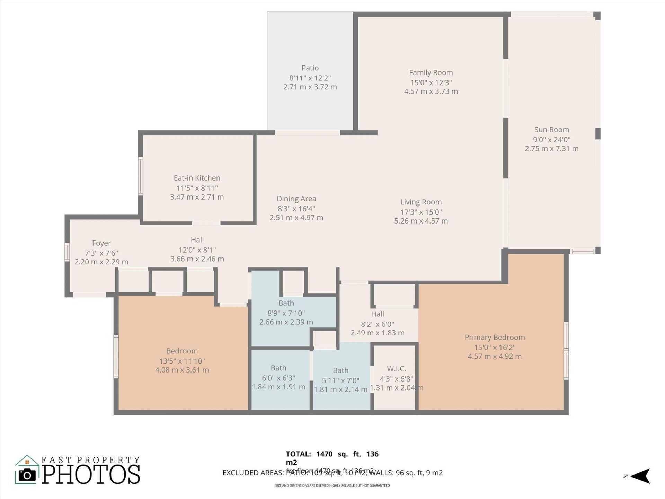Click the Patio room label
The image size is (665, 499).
[x=310, y=68]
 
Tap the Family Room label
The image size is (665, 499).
[x=431, y=72]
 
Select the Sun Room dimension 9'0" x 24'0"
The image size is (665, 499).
[x=551, y=140]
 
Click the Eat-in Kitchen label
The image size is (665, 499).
[x=197, y=178]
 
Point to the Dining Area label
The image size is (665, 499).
[x=296, y=199]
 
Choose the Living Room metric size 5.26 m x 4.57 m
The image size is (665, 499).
[x=421, y=221]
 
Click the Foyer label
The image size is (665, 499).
[x=101, y=243]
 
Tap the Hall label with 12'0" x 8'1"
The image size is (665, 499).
[x=197, y=240]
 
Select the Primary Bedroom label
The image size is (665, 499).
[x=495, y=337]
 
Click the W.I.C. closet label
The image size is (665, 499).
[x=396, y=369]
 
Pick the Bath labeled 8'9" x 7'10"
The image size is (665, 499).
[x=286, y=303]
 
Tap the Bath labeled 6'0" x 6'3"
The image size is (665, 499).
[x=278, y=368]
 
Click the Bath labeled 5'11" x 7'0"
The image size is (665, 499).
[x=340, y=370]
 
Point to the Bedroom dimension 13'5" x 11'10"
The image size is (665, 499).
[x=182, y=361]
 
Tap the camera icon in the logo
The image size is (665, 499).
[x=27, y=475]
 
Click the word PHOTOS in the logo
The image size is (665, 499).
[x=91, y=474]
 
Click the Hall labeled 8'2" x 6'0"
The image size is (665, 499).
[x=378, y=314]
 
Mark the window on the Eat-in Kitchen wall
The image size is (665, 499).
[x=141, y=176]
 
